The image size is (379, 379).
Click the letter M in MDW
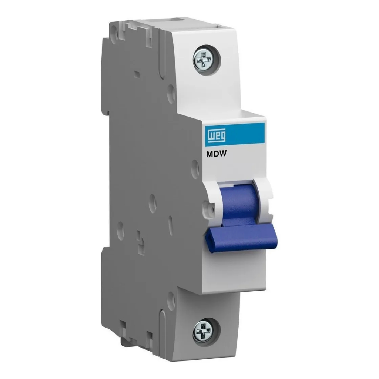pos(209,156)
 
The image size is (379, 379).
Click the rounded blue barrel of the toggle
pos(239,202)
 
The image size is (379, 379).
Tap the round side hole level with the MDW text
pos(195,169)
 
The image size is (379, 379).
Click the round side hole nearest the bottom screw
pos(171,300)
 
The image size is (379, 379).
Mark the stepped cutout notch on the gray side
pos(140,242)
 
